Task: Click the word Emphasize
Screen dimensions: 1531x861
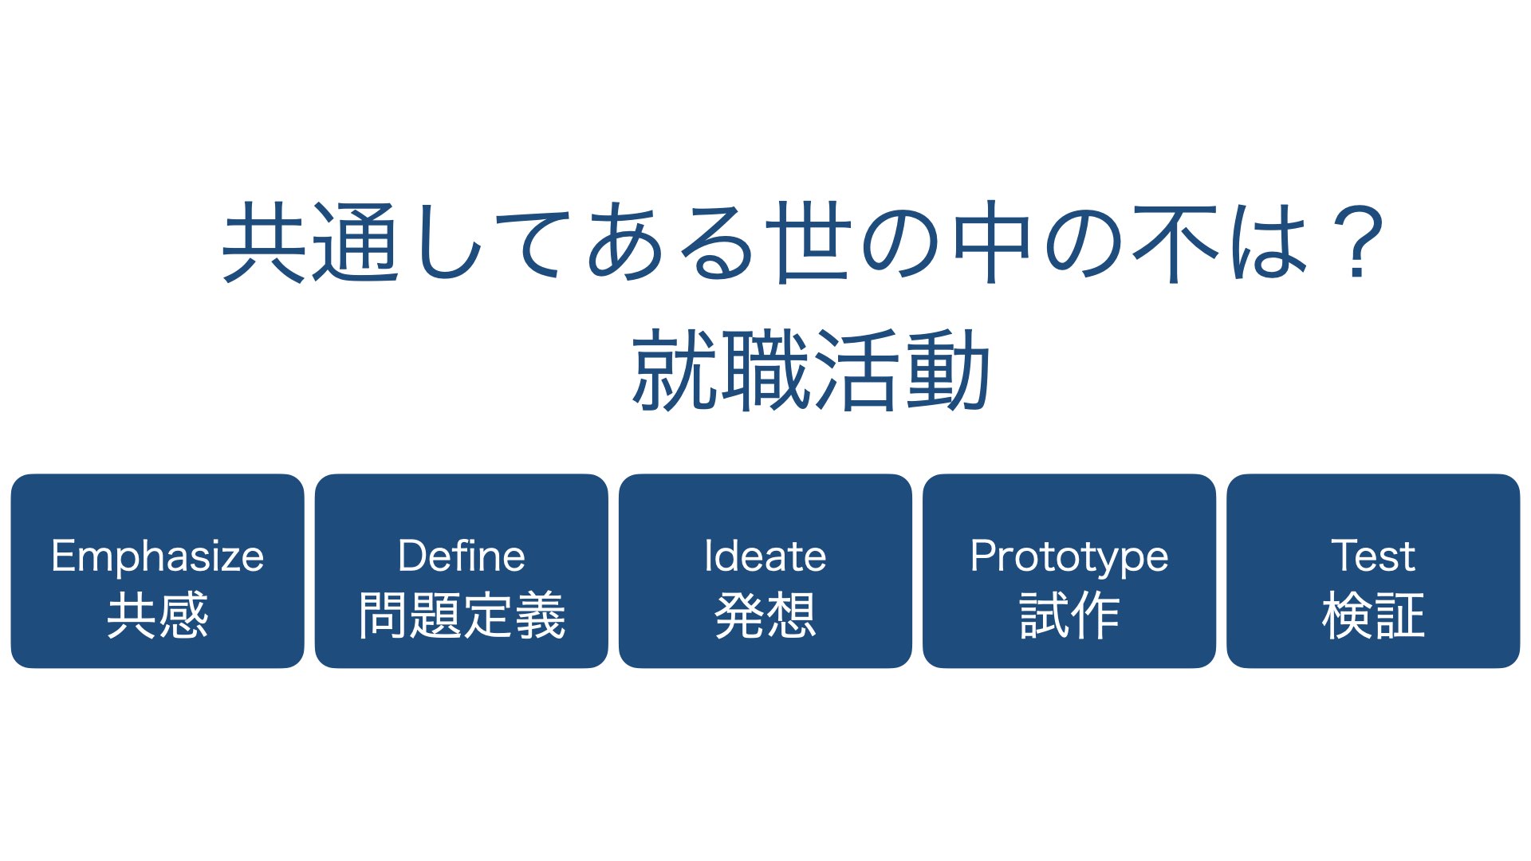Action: (157, 556)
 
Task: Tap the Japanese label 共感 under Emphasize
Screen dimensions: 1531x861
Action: (158, 615)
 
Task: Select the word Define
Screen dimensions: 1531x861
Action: (462, 556)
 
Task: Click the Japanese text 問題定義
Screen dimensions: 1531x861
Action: (462, 615)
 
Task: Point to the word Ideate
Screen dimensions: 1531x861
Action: (765, 556)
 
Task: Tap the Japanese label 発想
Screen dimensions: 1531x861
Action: (765, 615)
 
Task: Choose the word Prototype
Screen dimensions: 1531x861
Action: (1069, 557)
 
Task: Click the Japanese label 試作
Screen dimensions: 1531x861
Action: (1069, 615)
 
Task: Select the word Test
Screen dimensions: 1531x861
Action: (1373, 556)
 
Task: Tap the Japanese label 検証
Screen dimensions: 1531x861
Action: (1373, 615)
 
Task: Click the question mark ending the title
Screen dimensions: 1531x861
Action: (1360, 242)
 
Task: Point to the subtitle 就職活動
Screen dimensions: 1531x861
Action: (811, 370)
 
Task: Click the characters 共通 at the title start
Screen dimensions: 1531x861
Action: (311, 242)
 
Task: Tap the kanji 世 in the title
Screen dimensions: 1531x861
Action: (808, 241)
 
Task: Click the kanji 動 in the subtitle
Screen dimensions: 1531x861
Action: (948, 370)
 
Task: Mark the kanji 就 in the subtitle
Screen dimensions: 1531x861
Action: (675, 370)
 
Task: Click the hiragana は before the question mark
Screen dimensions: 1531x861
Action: (1269, 242)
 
